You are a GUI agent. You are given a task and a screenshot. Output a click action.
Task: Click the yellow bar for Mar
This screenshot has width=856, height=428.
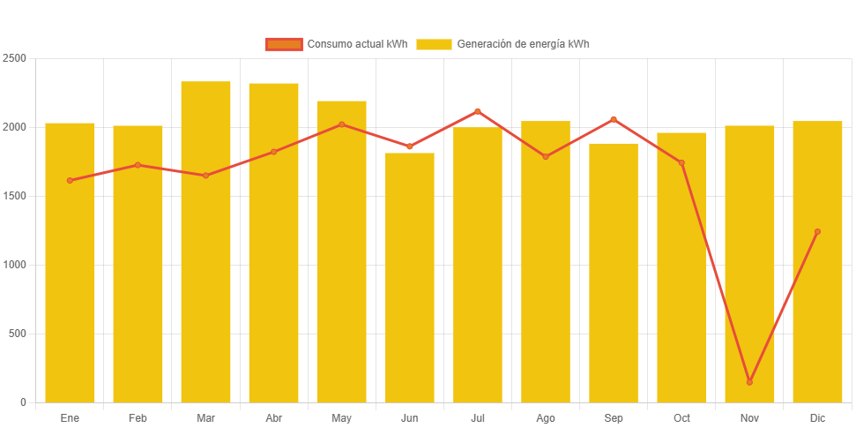[x=205, y=242]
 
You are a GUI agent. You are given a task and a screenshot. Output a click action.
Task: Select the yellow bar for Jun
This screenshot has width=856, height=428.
[x=410, y=277]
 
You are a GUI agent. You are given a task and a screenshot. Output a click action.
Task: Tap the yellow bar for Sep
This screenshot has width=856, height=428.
[x=614, y=273]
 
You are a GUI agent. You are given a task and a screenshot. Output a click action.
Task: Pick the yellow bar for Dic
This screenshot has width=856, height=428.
[x=817, y=261]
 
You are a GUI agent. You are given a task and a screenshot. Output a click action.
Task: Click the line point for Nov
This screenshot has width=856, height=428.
[x=749, y=382]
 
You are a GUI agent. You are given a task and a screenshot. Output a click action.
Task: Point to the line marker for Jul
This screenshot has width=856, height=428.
[x=478, y=111]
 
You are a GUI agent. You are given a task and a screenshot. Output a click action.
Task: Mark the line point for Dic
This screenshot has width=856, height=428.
[x=817, y=232]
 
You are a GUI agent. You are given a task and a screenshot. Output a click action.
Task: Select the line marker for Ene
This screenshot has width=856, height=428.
[x=70, y=181]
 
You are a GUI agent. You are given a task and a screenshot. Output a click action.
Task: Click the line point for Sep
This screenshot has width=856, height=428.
[x=614, y=119]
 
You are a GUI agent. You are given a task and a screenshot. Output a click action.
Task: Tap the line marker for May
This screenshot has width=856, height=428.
[x=342, y=124]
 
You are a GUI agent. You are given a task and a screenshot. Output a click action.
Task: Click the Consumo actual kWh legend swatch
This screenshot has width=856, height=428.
[x=283, y=44]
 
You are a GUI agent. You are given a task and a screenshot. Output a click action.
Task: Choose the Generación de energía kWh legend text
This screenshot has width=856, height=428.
[x=523, y=44]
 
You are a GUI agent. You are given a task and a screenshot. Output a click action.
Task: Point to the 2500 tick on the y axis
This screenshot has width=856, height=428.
[x=15, y=58]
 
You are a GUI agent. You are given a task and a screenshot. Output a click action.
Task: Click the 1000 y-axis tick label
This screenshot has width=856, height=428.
[x=15, y=265]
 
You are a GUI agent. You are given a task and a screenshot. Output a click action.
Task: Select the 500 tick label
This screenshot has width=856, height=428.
[x=18, y=334]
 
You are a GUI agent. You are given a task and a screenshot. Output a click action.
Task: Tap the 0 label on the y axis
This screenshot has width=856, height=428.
[x=23, y=402]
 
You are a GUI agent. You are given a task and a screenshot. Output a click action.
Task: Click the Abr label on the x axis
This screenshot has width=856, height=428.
[x=274, y=417]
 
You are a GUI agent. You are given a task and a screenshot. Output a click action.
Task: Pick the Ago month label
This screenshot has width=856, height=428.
[x=546, y=417]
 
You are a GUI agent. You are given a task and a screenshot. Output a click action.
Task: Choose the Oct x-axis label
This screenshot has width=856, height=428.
[x=681, y=417]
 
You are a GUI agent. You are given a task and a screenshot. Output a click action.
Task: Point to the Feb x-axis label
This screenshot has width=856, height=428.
[x=138, y=417]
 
